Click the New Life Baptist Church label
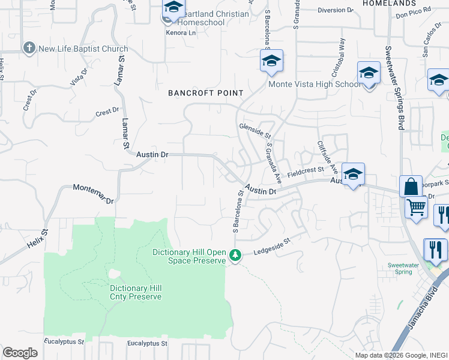click(82, 49)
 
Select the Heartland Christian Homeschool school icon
click(173, 8)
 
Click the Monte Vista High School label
click(315, 84)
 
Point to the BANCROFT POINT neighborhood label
click(206, 93)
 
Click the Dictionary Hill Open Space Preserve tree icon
click(236, 256)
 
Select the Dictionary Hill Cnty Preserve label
click(136, 292)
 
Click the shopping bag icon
click(412, 186)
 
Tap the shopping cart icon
click(415, 208)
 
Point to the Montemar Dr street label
click(94, 195)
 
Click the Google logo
click(20, 352)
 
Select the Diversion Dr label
click(336, 10)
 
